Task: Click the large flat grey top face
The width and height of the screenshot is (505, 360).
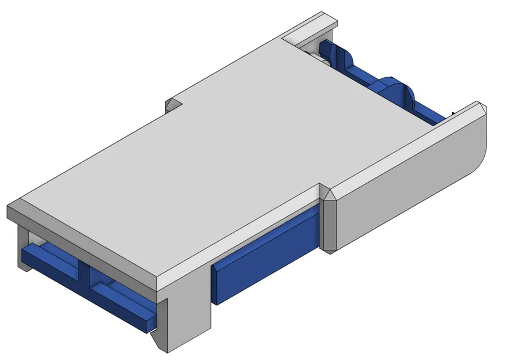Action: coord(219,156)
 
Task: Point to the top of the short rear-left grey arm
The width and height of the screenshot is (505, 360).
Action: coord(311,26)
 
